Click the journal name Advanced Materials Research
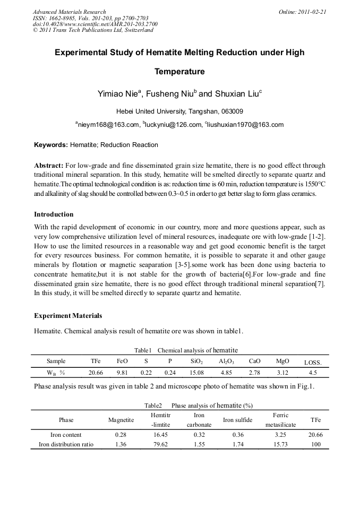pos(69,12)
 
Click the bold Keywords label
pos(50,145)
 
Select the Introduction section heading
pos(54,214)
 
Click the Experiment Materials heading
pos(68,316)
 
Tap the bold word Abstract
pos(49,166)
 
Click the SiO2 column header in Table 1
pos(196,361)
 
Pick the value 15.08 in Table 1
pos(196,373)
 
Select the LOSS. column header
pos(313,363)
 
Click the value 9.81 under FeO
pos(123,373)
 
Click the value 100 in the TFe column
pos(316,444)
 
